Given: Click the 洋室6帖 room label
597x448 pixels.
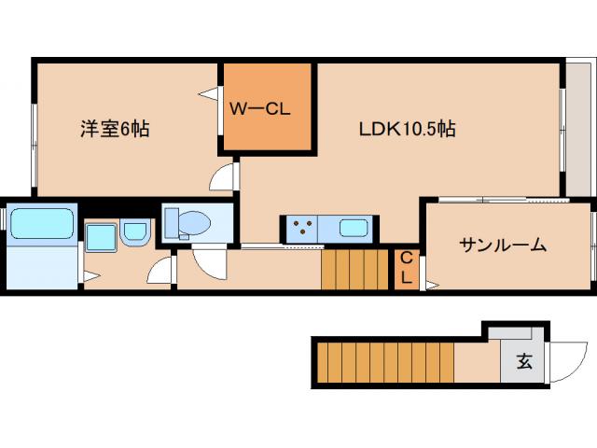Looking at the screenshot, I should click(x=114, y=130).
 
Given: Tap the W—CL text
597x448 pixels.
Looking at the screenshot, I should click(x=262, y=107).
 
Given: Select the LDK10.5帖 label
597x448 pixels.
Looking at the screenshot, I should click(x=408, y=130).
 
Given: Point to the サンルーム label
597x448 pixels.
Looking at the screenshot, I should click(x=502, y=245).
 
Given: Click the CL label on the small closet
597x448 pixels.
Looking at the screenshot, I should click(x=407, y=269).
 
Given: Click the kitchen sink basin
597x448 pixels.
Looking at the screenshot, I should click(x=354, y=227).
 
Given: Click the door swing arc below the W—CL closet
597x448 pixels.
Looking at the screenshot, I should click(x=224, y=177).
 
